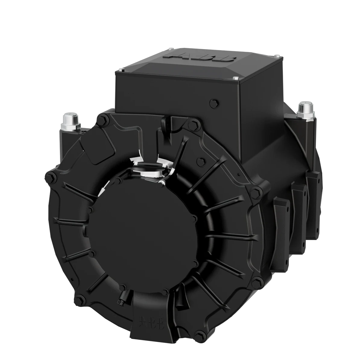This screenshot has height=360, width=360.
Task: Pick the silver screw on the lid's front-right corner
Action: (x=236, y=78)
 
